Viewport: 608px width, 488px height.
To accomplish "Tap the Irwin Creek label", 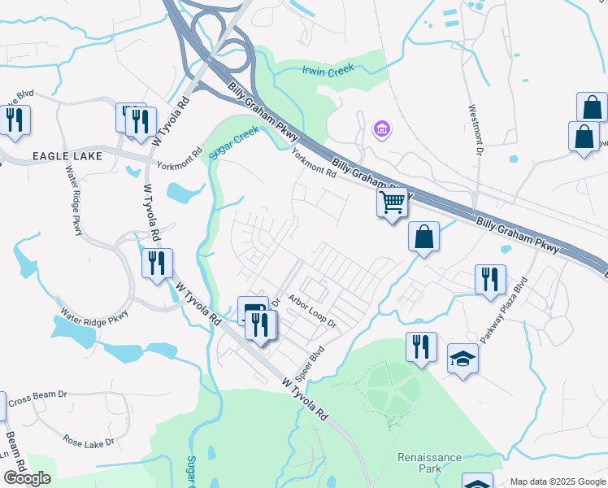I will tap(329, 71).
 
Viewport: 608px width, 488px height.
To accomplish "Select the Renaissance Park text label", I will tap(429, 463).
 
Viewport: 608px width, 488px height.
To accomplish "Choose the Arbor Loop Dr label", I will tap(311, 312).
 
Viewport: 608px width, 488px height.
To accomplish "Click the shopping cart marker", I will tap(393, 201).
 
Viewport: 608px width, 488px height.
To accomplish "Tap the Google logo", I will tap(27, 478).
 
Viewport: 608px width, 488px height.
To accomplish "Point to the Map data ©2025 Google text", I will tap(558, 481).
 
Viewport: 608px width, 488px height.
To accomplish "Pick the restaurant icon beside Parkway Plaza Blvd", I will tap(490, 278).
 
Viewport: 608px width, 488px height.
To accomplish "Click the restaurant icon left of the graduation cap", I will tap(421, 346).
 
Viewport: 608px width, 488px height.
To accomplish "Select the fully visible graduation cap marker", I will tap(463, 357).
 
